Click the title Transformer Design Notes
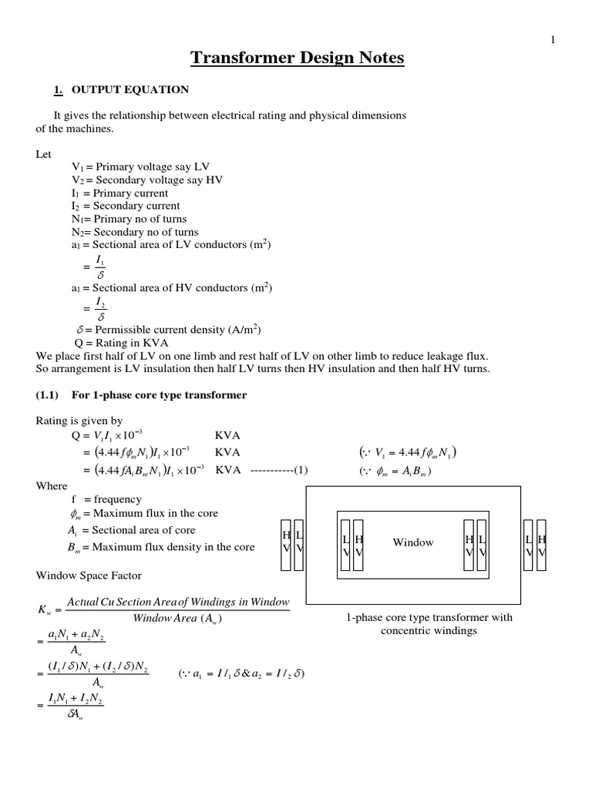click(296, 59)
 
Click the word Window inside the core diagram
click(413, 542)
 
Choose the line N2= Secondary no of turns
click(134, 232)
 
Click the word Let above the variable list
click(45, 154)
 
